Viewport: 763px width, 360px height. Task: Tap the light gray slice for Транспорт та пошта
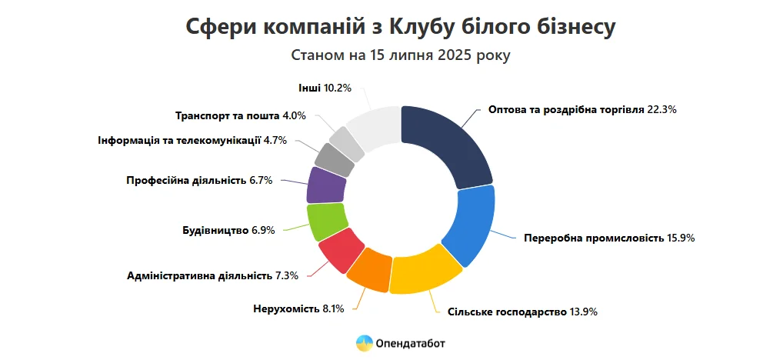(x=348, y=142)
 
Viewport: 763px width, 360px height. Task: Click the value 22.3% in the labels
(x=661, y=109)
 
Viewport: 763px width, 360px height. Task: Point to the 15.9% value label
(x=680, y=238)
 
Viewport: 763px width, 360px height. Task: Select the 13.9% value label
(x=582, y=312)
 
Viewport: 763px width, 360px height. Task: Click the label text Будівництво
(x=215, y=230)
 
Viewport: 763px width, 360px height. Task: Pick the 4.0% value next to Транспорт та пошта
(x=295, y=116)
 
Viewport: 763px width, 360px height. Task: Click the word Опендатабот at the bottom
(x=411, y=343)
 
